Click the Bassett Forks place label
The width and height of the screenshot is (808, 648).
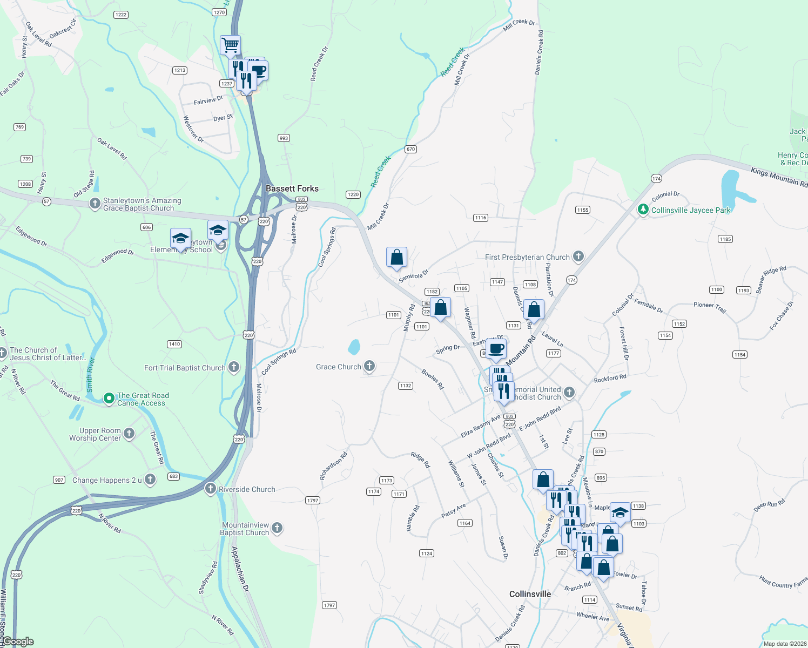point(292,188)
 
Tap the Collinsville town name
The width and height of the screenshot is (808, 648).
point(530,594)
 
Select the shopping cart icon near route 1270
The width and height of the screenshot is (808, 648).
point(231,45)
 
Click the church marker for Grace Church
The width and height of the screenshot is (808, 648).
point(369,366)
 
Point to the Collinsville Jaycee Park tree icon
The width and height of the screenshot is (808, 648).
point(643,210)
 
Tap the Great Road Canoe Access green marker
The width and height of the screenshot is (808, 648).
point(109,399)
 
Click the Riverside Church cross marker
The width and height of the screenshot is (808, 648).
point(211,489)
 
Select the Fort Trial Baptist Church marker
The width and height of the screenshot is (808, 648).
point(234,367)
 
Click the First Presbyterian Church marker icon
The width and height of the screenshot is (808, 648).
point(578,256)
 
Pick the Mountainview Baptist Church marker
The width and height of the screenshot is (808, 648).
point(277,528)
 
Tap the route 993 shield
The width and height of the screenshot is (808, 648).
point(284,138)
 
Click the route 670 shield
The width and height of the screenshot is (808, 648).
point(411,149)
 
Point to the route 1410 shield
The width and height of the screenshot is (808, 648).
point(174,344)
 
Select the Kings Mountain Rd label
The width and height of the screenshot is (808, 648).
point(779,177)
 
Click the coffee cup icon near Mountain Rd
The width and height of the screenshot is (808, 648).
point(496,349)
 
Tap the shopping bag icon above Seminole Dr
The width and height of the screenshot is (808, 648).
point(396,258)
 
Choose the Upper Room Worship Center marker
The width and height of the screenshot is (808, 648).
point(129,433)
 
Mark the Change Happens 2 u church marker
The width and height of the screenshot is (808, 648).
point(150,479)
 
